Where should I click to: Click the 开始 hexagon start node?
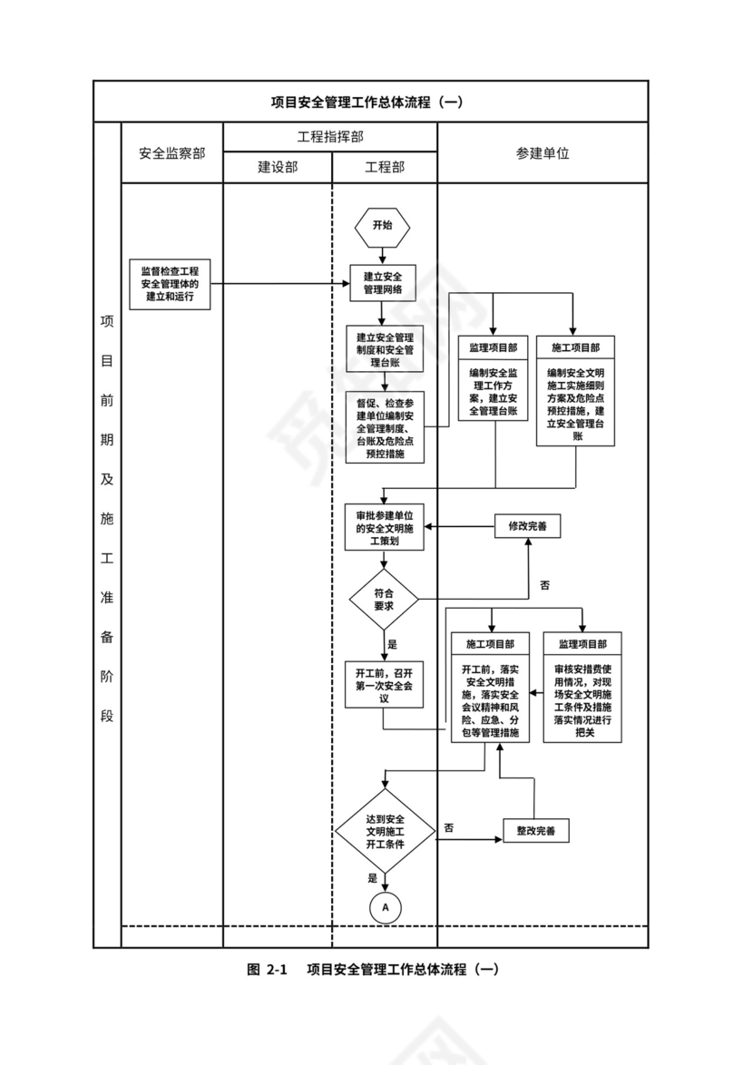tap(383, 226)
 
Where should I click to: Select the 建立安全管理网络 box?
tap(383, 284)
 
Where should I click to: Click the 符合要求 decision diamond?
tap(384, 600)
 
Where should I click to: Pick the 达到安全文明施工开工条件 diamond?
tap(385, 831)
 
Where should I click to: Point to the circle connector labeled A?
tap(385, 905)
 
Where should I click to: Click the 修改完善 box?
tap(527, 525)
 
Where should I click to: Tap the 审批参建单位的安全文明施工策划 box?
tap(384, 527)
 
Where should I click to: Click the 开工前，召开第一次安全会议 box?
tap(384, 686)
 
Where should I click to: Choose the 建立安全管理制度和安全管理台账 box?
tap(385, 349)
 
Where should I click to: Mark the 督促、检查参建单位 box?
tap(385, 428)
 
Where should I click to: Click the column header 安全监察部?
tap(171, 153)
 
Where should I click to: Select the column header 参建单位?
tap(543, 153)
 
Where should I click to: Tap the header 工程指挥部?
tap(330, 136)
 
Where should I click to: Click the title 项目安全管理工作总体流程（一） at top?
tap(370, 102)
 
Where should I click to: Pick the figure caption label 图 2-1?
tap(266, 969)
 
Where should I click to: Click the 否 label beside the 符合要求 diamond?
tap(544, 585)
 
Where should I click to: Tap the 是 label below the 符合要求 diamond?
tap(392, 644)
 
